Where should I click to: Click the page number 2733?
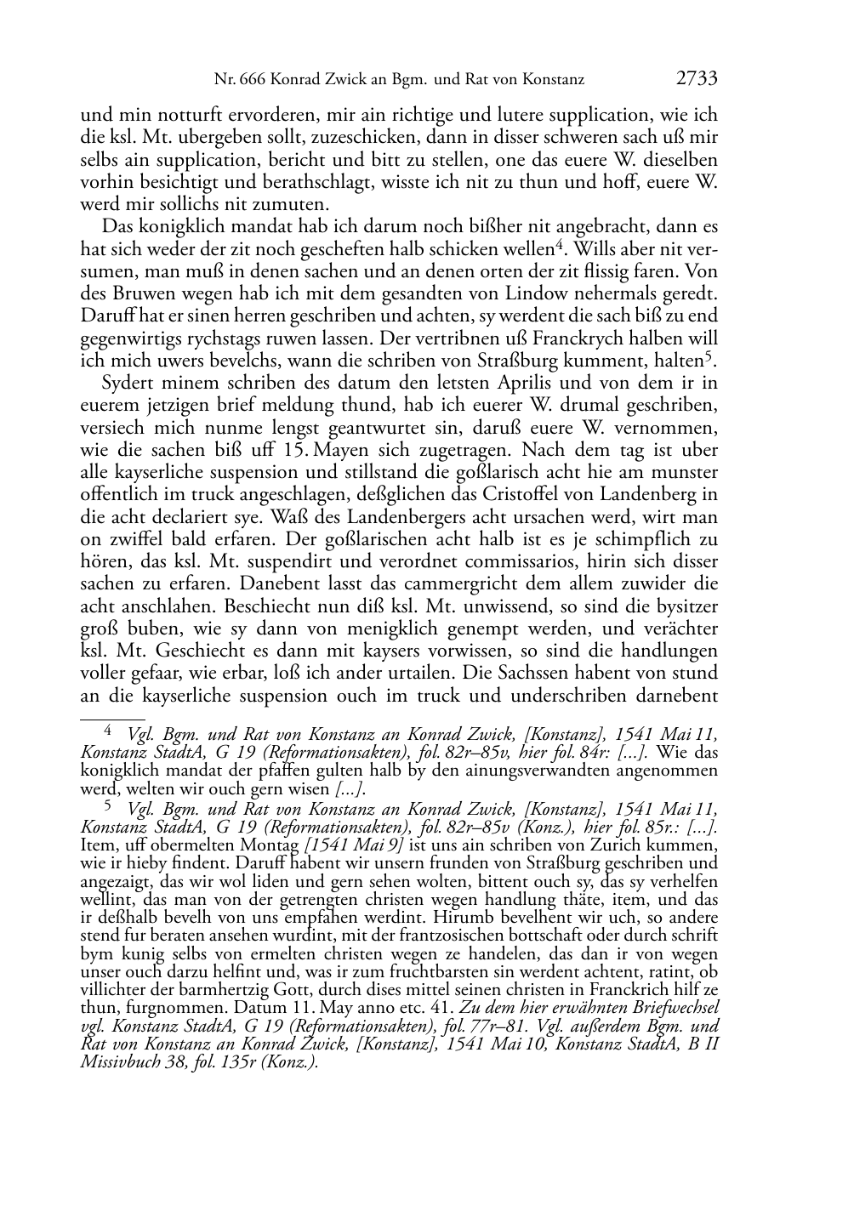[697, 80]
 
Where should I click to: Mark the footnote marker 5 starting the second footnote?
[107, 805]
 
